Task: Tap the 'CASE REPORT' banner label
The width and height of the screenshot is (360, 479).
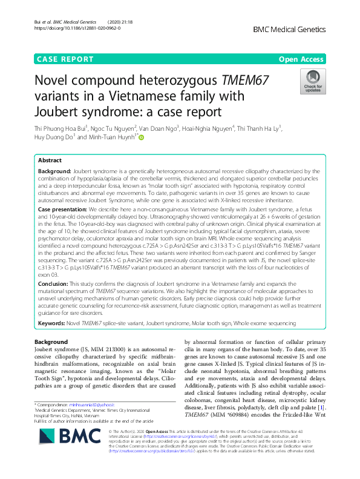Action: point(65,59)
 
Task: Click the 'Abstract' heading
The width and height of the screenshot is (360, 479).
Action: point(50,161)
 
